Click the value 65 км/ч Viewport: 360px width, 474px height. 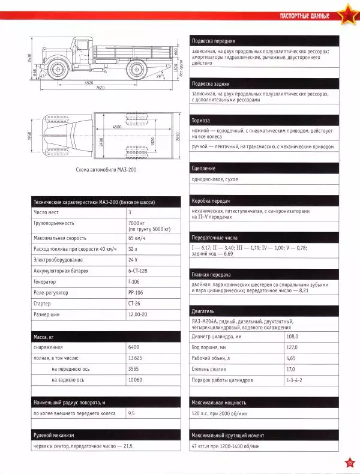[137, 239]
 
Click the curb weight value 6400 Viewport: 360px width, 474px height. [134, 347]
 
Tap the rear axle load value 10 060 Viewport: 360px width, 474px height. [137, 379]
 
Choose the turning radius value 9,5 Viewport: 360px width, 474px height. [132, 413]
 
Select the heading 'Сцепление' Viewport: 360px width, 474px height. [204, 169]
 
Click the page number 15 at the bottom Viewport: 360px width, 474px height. [349, 461]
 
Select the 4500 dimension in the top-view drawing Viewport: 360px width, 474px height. [116, 127]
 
